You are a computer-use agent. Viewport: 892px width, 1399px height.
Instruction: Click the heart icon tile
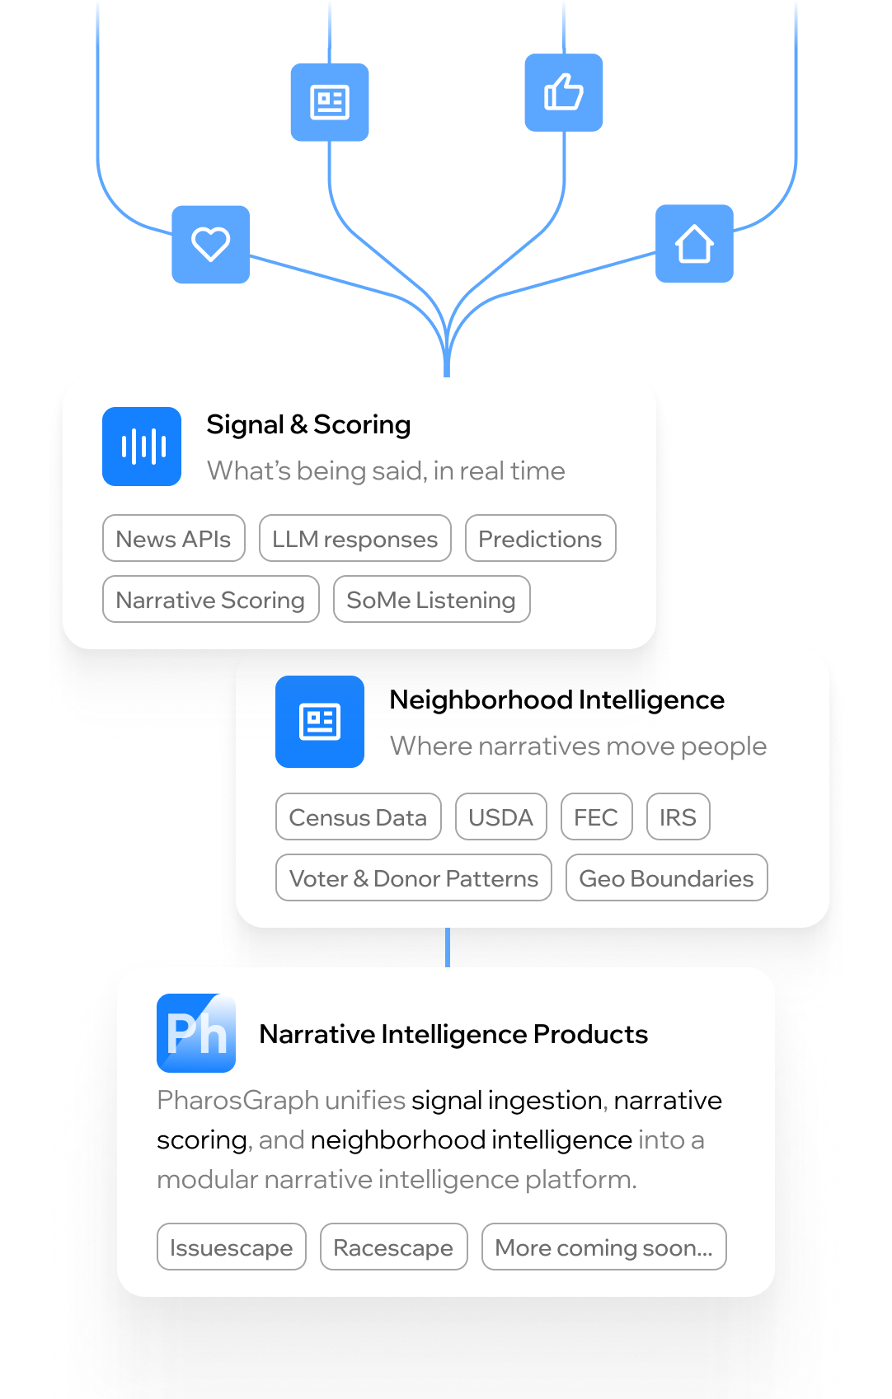click(210, 245)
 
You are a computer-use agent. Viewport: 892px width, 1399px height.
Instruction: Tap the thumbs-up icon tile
click(564, 92)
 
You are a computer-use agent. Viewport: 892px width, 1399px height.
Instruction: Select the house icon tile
click(694, 244)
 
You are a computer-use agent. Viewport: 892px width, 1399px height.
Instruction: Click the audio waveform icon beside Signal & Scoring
click(142, 447)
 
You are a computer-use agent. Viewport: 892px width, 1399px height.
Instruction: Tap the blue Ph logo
click(196, 1033)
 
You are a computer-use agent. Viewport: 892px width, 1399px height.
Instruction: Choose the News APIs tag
click(174, 539)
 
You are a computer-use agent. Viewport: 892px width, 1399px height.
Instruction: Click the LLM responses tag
click(354, 539)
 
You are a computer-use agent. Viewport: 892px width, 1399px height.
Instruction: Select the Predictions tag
click(540, 539)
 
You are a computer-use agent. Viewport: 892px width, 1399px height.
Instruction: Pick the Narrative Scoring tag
click(210, 600)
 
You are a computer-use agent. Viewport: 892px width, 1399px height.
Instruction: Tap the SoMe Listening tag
click(431, 600)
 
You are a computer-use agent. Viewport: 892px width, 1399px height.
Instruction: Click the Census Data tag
click(358, 817)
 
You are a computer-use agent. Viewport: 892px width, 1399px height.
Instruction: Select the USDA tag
click(500, 817)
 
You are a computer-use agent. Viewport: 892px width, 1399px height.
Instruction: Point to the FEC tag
click(596, 817)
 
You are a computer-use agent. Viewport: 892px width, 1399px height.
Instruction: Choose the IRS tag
click(678, 817)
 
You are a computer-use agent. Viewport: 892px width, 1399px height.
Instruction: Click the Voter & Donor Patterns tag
click(414, 878)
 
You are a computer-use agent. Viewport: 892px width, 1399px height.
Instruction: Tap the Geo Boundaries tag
click(666, 878)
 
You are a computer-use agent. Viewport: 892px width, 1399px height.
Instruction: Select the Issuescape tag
click(231, 1247)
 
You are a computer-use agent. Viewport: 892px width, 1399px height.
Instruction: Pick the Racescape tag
click(393, 1247)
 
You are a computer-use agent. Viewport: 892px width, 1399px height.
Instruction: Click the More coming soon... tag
click(603, 1247)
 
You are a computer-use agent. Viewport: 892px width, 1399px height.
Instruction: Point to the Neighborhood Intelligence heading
click(556, 699)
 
